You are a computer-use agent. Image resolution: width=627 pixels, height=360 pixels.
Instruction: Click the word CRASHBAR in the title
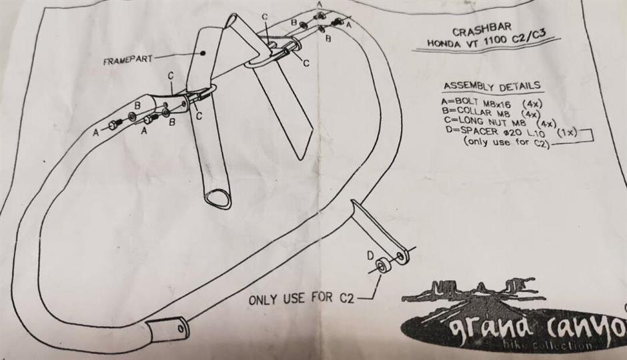point(481,29)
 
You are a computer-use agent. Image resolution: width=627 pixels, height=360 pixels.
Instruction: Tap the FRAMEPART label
point(127,60)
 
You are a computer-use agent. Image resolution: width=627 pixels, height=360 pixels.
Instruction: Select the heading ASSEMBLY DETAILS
point(492,86)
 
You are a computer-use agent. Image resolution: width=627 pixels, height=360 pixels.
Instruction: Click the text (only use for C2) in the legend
point(506,142)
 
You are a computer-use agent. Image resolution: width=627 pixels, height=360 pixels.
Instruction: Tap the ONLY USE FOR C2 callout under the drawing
point(301,298)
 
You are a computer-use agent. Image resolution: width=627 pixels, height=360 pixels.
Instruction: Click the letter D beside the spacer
point(370,255)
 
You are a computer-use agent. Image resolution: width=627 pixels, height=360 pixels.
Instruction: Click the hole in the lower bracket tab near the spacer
point(400,256)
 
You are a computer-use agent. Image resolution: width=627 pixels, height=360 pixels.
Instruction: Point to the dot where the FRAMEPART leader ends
point(203,53)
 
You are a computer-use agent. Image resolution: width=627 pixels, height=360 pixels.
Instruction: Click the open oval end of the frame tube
point(218,198)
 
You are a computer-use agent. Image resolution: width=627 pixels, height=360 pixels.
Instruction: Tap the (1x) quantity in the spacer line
point(566,131)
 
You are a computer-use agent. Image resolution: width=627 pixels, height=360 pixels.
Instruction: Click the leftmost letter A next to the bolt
point(95,132)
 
